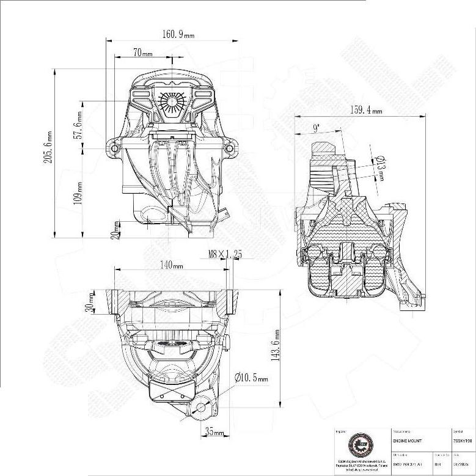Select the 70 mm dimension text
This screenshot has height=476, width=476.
coord(142,54)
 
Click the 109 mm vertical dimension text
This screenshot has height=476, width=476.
coord(78,193)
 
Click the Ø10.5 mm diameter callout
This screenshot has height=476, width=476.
coord(251,378)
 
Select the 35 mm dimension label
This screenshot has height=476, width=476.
coord(214,433)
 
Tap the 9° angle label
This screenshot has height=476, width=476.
coord(315,128)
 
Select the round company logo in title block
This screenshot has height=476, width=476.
coord(358,444)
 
